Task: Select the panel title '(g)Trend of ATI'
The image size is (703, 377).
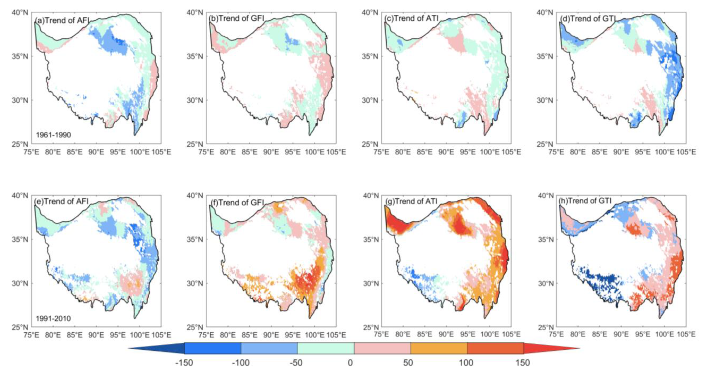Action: point(412,201)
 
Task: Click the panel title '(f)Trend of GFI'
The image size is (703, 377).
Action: point(237,202)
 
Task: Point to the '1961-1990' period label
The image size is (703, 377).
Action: point(53,135)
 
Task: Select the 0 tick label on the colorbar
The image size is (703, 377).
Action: point(350,363)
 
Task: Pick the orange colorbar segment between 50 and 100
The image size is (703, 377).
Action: point(439,348)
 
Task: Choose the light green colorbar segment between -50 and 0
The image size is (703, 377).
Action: point(326,348)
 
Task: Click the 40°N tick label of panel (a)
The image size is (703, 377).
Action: point(20,13)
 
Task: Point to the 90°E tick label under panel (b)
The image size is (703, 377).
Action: point(271,152)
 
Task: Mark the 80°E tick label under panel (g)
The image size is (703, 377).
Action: point(403,335)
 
